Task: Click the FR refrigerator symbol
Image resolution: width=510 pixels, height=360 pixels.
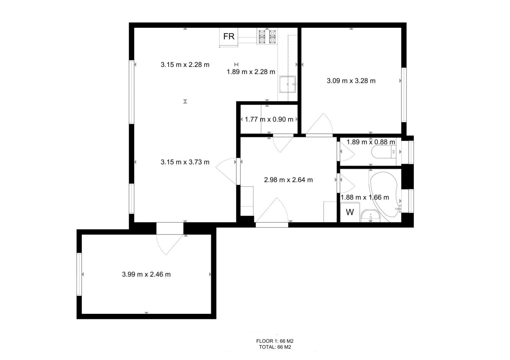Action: [x=229, y=37]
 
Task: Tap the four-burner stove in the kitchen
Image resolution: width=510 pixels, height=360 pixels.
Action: [x=267, y=36]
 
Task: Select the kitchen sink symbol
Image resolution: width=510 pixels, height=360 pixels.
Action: [x=288, y=84]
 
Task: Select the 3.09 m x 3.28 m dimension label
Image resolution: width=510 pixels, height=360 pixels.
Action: [x=351, y=81]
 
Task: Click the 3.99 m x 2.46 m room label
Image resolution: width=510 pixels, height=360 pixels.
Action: [x=146, y=274]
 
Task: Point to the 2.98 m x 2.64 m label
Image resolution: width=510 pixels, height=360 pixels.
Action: [x=288, y=180]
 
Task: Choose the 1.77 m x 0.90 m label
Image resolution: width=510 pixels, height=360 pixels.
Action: [x=269, y=119]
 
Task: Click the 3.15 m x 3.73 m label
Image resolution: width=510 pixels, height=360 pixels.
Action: [x=185, y=162]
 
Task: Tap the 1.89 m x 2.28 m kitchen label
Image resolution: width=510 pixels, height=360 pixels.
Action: [x=251, y=72]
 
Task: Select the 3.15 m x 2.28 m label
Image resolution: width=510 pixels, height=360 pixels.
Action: [x=185, y=64]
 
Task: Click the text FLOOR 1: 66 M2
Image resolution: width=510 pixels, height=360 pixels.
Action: [x=275, y=341]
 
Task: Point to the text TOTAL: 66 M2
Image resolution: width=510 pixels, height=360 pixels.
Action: [x=275, y=347]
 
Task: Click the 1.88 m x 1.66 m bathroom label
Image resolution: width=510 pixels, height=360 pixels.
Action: [x=365, y=197]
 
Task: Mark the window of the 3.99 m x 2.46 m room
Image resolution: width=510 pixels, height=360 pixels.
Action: [x=79, y=274]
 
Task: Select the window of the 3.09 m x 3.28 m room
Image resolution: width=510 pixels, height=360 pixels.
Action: [x=404, y=95]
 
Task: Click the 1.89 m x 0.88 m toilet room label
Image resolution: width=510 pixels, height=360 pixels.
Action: [x=371, y=142]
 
